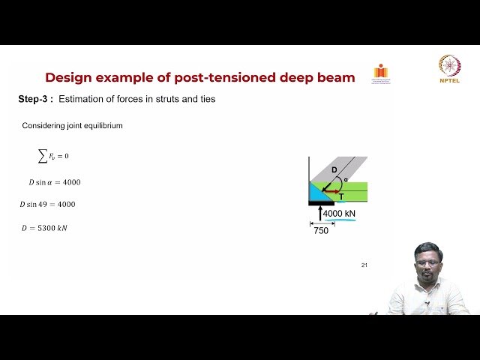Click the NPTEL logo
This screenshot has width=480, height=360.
click(x=450, y=68)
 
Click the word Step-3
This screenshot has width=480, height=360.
click(x=35, y=100)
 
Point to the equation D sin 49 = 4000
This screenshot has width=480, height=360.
click(x=48, y=204)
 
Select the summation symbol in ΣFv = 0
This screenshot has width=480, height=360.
click(x=42, y=155)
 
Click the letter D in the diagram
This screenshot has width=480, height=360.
click(x=334, y=170)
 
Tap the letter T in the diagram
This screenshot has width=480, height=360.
click(x=341, y=196)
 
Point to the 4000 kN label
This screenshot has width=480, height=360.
click(x=340, y=214)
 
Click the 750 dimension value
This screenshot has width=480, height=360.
click(x=321, y=231)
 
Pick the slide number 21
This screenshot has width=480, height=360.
click(x=364, y=265)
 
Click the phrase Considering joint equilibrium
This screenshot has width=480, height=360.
click(x=72, y=126)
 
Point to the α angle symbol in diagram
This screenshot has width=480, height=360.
click(x=346, y=180)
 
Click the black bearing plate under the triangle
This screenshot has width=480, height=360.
click(x=321, y=203)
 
